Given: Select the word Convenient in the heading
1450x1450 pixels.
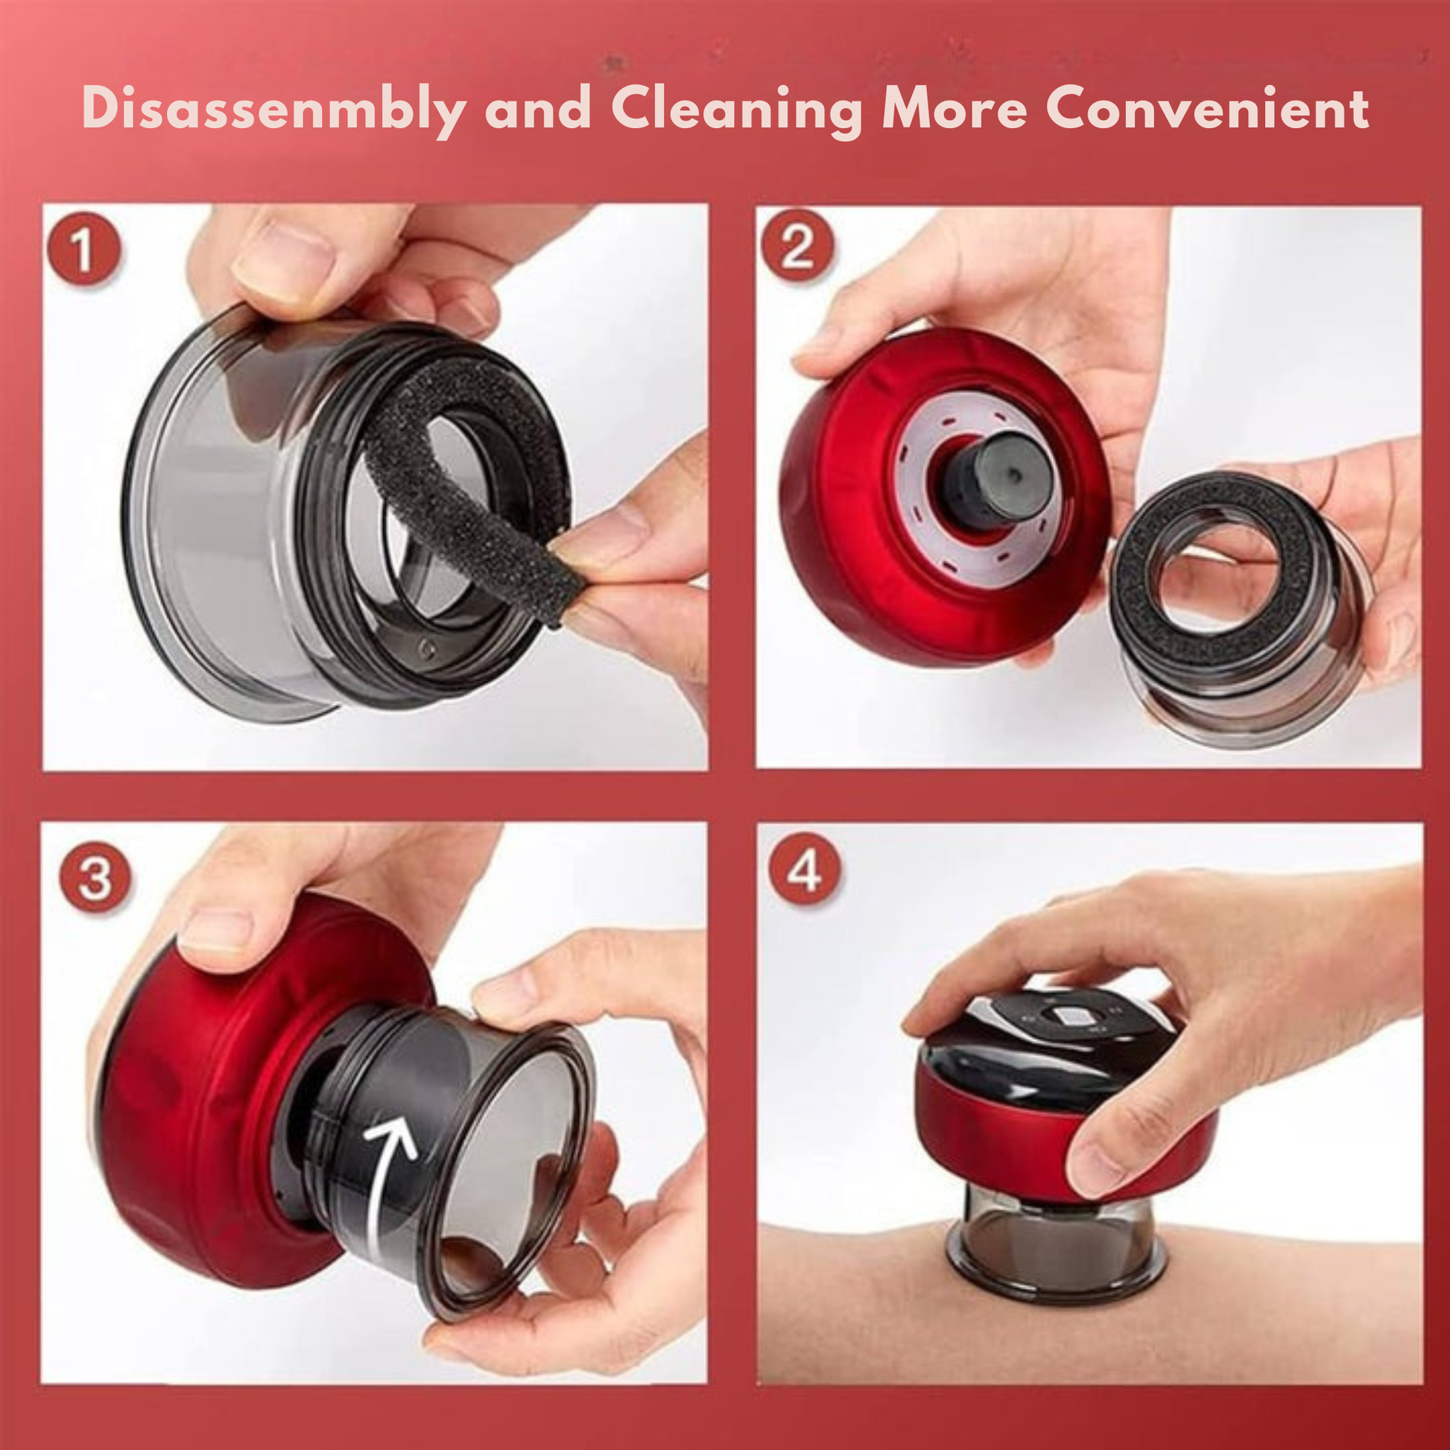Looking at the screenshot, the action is pos(1208,109).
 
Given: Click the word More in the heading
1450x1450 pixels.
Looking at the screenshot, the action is pos(954,109).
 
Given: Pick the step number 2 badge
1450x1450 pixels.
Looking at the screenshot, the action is pos(797,246).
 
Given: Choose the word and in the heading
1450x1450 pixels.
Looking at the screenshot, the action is pos(538,110).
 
